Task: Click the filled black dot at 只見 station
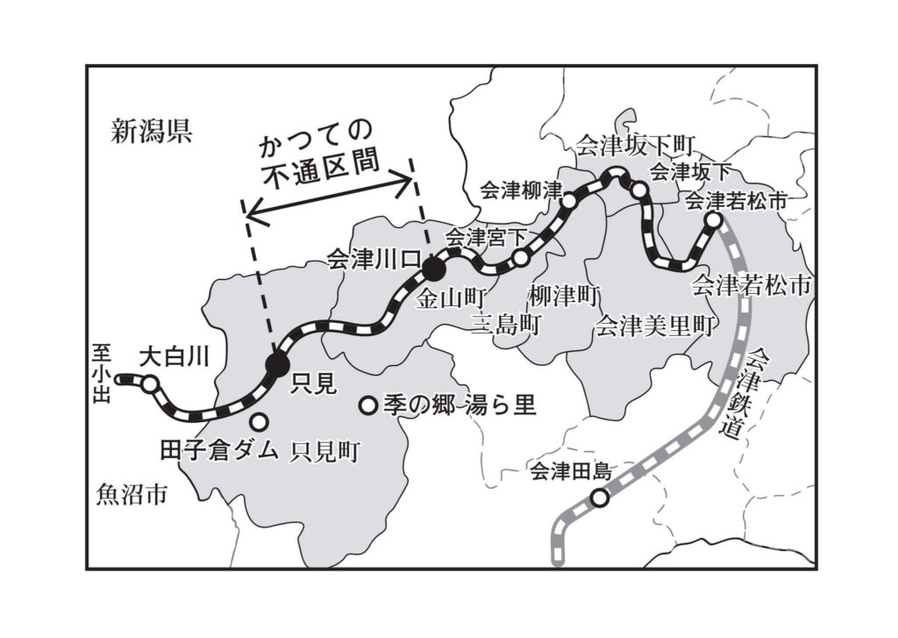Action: tap(277, 365)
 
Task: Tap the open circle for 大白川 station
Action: tap(150, 384)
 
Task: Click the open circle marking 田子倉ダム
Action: tap(260, 420)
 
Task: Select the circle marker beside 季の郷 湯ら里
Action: tap(369, 405)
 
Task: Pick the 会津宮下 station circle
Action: tap(521, 258)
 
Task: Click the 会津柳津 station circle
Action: tap(569, 201)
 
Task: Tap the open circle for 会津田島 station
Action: tap(599, 498)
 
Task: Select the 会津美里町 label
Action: tap(652, 326)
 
